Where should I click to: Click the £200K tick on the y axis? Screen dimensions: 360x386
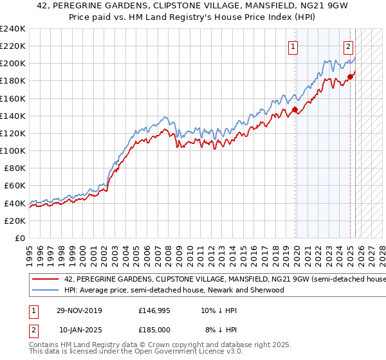[x=13, y=64]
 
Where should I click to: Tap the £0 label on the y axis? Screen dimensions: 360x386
[x=20, y=238]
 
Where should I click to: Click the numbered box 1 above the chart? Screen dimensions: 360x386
[x=293, y=46]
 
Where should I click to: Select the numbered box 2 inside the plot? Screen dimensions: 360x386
[x=348, y=46]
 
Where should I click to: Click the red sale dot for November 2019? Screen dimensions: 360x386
[x=295, y=110]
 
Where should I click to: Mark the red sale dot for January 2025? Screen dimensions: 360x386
[x=350, y=76]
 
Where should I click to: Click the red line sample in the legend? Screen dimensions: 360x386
[x=45, y=280]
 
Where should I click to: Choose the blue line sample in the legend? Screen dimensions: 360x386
[x=45, y=290]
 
